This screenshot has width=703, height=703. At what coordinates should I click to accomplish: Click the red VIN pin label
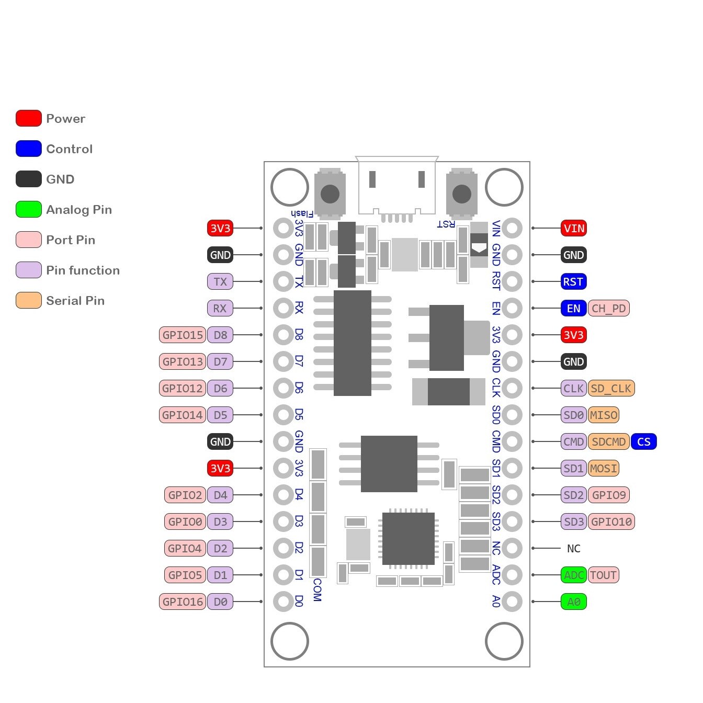[x=574, y=229]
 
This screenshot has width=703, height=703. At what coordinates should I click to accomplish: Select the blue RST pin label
[x=573, y=282]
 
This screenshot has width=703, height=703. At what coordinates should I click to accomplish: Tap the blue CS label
[x=644, y=442]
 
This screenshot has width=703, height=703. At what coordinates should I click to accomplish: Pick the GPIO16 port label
[x=183, y=602]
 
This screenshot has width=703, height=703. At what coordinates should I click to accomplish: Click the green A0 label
[x=574, y=602]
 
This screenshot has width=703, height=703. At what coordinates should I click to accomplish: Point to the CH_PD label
[x=609, y=309]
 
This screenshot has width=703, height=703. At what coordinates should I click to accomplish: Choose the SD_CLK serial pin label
[x=611, y=389]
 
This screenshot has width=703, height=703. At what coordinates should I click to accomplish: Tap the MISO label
[x=604, y=415]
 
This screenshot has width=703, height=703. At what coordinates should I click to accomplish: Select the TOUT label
[x=604, y=575]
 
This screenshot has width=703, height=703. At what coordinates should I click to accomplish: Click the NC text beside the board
[x=574, y=549]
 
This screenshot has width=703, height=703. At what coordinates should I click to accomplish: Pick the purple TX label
[x=220, y=282]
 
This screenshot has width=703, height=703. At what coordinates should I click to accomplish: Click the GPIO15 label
[x=183, y=335]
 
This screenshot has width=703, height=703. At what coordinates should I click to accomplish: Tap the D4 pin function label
[x=220, y=495]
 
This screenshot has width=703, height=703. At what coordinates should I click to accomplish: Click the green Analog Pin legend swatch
[x=29, y=210]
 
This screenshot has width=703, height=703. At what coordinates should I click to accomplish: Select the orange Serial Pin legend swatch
[x=29, y=301]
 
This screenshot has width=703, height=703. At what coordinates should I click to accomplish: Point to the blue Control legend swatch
[x=29, y=149]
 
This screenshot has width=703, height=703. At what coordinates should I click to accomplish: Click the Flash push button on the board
[x=330, y=194]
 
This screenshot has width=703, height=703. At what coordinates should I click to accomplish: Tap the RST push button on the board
[x=461, y=194]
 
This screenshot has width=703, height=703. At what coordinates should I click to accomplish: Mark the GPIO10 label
[x=611, y=522]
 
